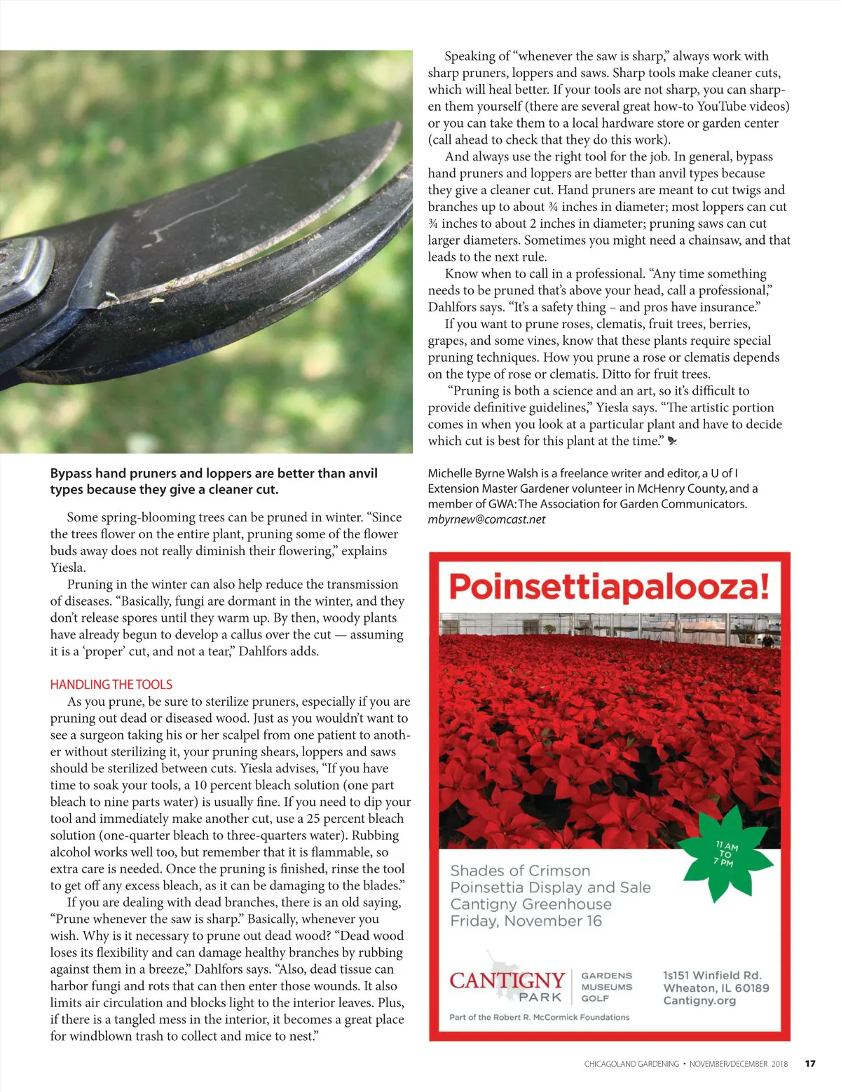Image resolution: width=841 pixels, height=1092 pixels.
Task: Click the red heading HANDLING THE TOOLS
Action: pos(111,684)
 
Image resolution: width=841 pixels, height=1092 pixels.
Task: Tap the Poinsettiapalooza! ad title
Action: pos(608,587)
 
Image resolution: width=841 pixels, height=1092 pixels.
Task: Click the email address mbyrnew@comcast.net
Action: pos(486,519)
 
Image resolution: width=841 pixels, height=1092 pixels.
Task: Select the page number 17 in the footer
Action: pos(810,1063)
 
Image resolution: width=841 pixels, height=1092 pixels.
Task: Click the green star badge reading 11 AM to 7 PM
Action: pos(727,853)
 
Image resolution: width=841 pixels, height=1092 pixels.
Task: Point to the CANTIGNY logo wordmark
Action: pos(507,979)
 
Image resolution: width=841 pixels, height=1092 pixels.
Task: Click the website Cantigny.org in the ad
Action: pos(699,1000)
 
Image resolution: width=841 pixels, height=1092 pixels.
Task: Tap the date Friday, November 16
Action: pos(526,921)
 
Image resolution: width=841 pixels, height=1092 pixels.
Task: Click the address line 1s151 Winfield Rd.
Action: pos(712,975)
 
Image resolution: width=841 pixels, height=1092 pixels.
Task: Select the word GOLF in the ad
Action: pos(595,998)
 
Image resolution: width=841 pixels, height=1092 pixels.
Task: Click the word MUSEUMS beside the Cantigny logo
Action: pos(606,987)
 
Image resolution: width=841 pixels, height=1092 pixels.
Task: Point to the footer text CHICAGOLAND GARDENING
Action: pos(631,1064)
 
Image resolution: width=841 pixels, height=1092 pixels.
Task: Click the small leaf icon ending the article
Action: pos(673,442)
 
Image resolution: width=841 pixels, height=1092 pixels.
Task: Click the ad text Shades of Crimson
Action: pos(520,871)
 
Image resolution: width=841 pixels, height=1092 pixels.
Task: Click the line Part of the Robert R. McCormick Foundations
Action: pos(539,1017)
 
